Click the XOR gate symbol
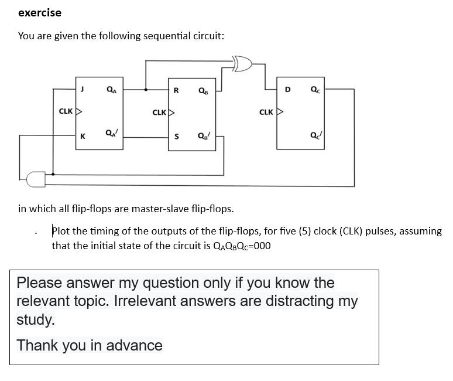(243, 64)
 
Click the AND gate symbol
(36, 179)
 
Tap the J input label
(83, 89)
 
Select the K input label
(83, 136)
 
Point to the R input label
(176, 90)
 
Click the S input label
(177, 136)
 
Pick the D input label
(287, 90)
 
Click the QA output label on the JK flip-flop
(112, 90)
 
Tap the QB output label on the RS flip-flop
(203, 91)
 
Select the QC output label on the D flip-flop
(315, 90)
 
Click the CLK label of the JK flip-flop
(66, 111)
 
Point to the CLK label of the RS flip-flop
(159, 112)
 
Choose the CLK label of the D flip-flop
(266, 112)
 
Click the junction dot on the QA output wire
(146, 90)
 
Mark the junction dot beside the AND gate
(53, 174)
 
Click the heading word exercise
(40, 13)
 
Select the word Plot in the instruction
(61, 231)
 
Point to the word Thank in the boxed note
(37, 345)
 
